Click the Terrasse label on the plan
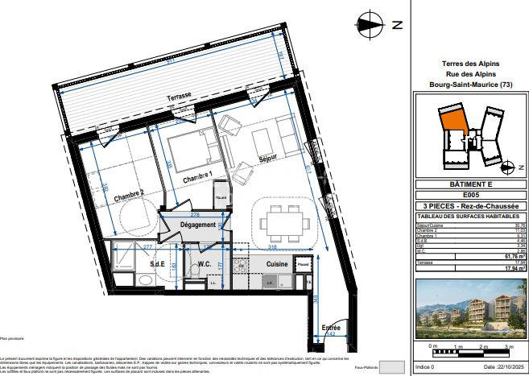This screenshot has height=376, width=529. coord(180,97)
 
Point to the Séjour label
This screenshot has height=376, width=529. coord(267,159)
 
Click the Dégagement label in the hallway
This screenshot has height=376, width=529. coord(198,225)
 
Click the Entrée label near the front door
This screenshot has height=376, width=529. coord(331,328)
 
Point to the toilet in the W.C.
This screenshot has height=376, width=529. coord(194,275)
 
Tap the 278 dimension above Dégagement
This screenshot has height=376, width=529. coord(195,214)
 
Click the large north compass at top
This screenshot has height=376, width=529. coord(371,24)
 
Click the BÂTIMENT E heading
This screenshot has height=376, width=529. coord(470,184)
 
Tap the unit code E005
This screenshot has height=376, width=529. coord(470,194)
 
